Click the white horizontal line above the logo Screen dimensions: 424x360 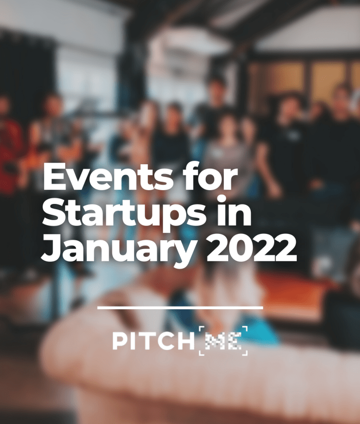click(x=180, y=307)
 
